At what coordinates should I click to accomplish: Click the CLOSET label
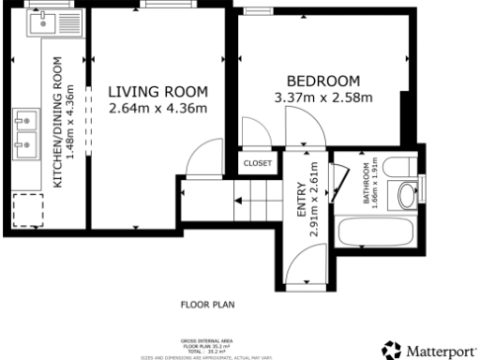click(257, 163)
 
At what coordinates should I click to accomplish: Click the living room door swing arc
click(199, 161)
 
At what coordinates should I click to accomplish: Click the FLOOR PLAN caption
click(206, 305)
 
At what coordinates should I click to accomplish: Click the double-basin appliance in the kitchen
click(25, 132)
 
